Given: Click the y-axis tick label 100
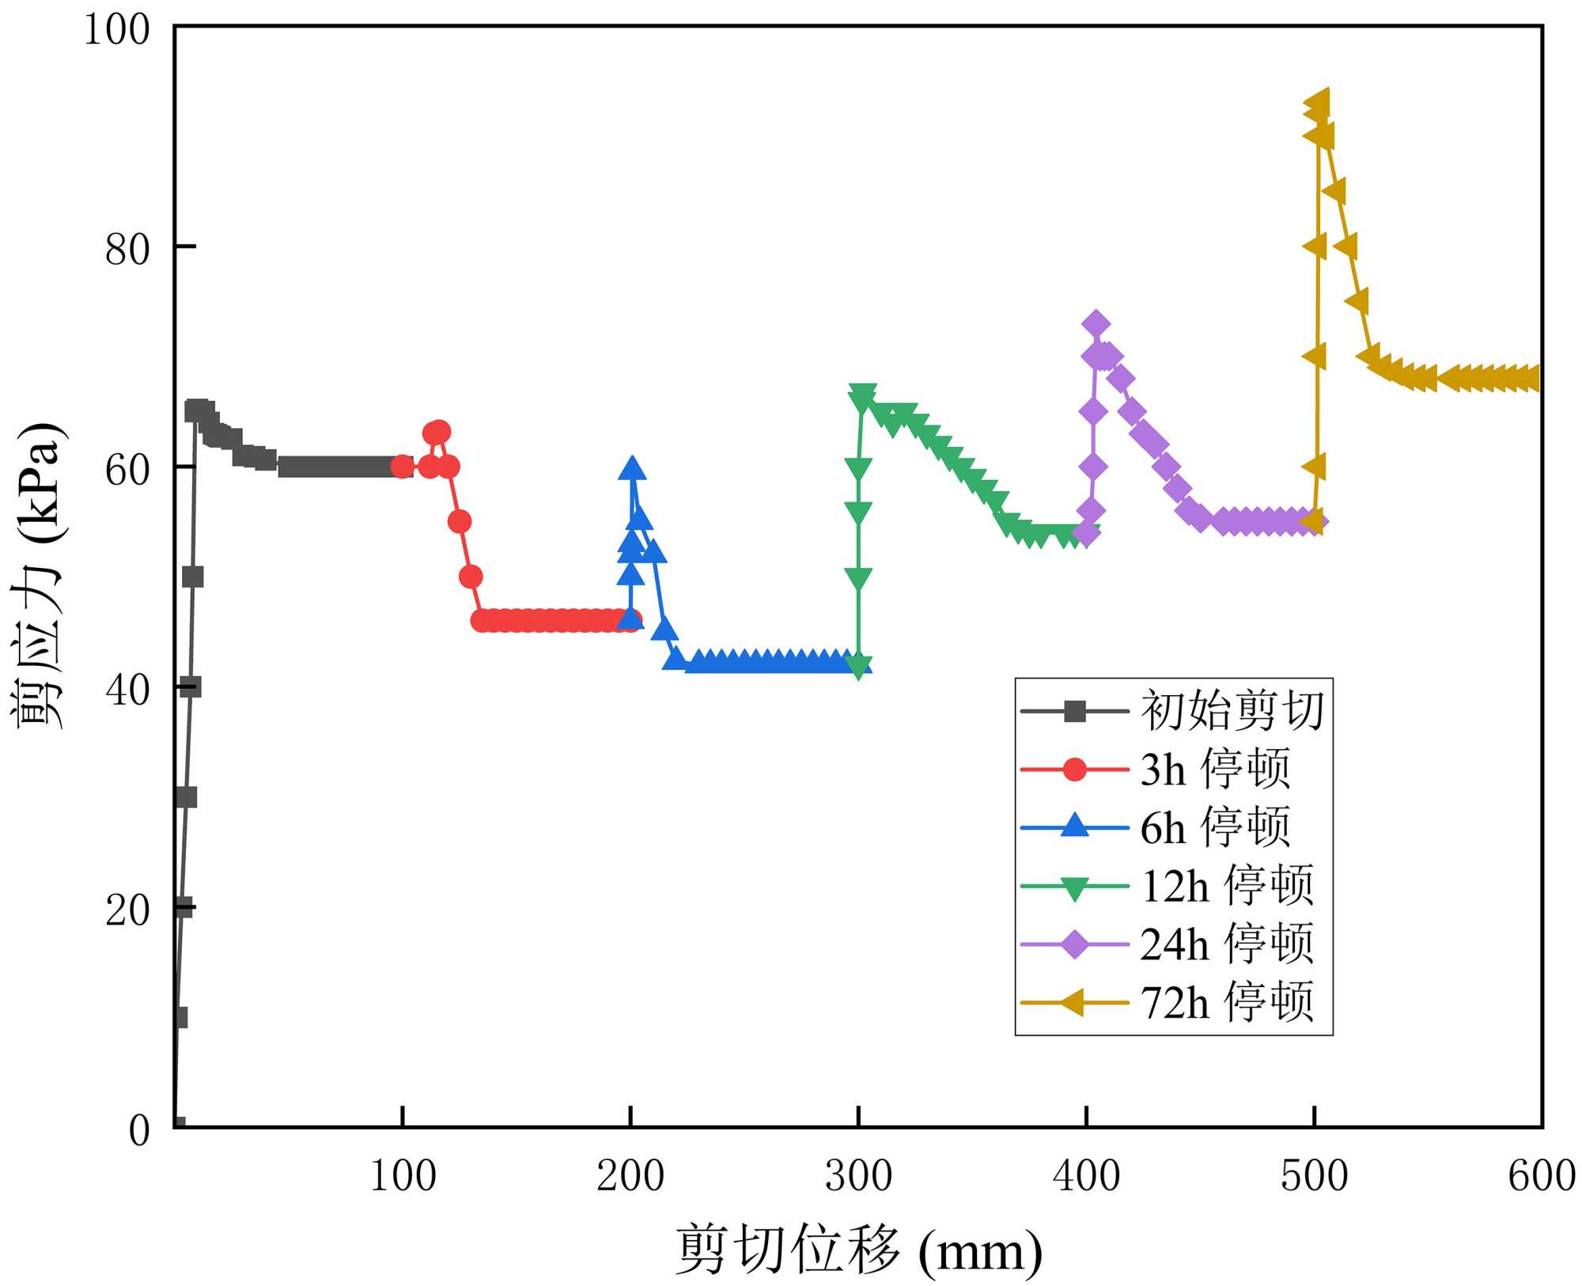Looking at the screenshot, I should [x=117, y=30].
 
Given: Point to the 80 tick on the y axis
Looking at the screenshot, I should [x=127, y=249].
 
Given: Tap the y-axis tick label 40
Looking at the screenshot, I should [x=127, y=690].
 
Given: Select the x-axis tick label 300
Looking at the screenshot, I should [x=858, y=1176].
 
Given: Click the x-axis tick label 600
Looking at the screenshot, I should [x=1541, y=1176].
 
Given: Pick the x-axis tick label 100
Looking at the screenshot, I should [x=403, y=1176].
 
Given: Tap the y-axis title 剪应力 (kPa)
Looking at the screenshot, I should [x=36, y=576].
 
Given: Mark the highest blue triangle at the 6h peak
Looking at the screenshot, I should [x=631, y=468].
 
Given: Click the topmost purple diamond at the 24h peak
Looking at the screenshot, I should [x=1096, y=323].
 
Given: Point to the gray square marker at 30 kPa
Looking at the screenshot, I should [x=187, y=797].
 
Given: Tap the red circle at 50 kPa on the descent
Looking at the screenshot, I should [x=471, y=577].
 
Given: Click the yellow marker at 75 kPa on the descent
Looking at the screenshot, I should [x=1357, y=301].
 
